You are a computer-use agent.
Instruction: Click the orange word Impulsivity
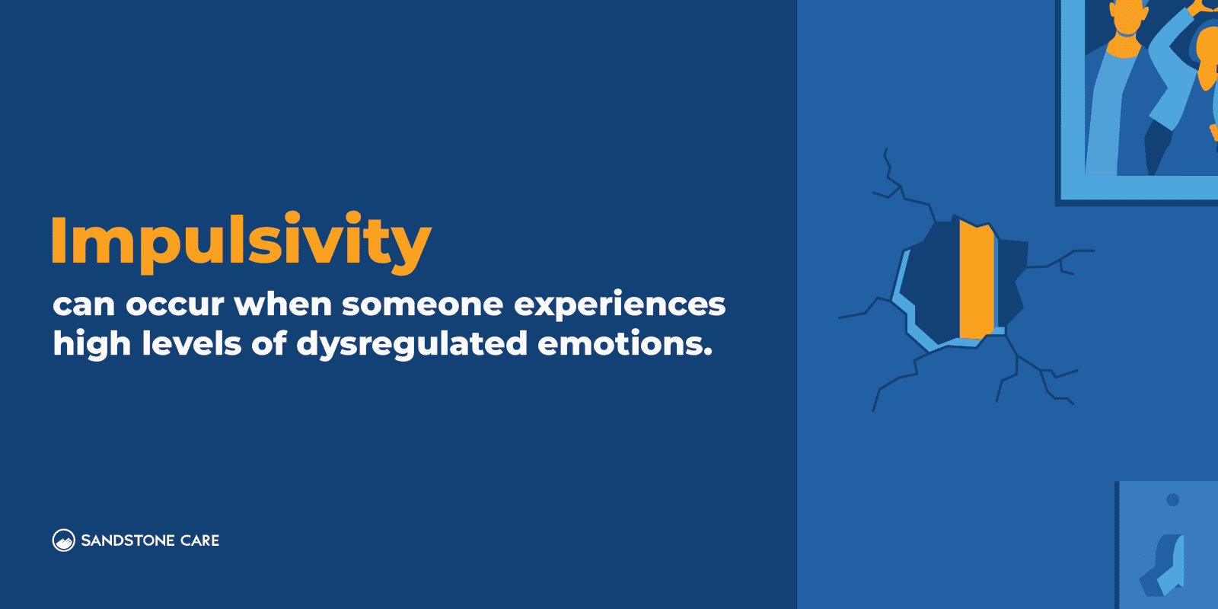click(241, 242)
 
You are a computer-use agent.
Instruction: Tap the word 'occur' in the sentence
click(174, 305)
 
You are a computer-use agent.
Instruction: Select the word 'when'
click(282, 304)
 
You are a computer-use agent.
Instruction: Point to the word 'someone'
click(422, 305)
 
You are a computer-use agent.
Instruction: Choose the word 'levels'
click(191, 343)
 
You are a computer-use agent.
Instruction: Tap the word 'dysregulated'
click(411, 345)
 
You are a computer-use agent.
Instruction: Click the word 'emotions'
click(620, 344)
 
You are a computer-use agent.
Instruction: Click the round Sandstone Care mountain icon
click(63, 540)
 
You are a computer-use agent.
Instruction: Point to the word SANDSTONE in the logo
click(128, 540)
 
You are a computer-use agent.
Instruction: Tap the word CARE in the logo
click(200, 540)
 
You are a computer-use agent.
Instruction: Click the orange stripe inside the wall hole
click(977, 280)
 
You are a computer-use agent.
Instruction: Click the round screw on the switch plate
click(1172, 500)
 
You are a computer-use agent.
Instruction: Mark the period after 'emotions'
click(708, 353)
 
